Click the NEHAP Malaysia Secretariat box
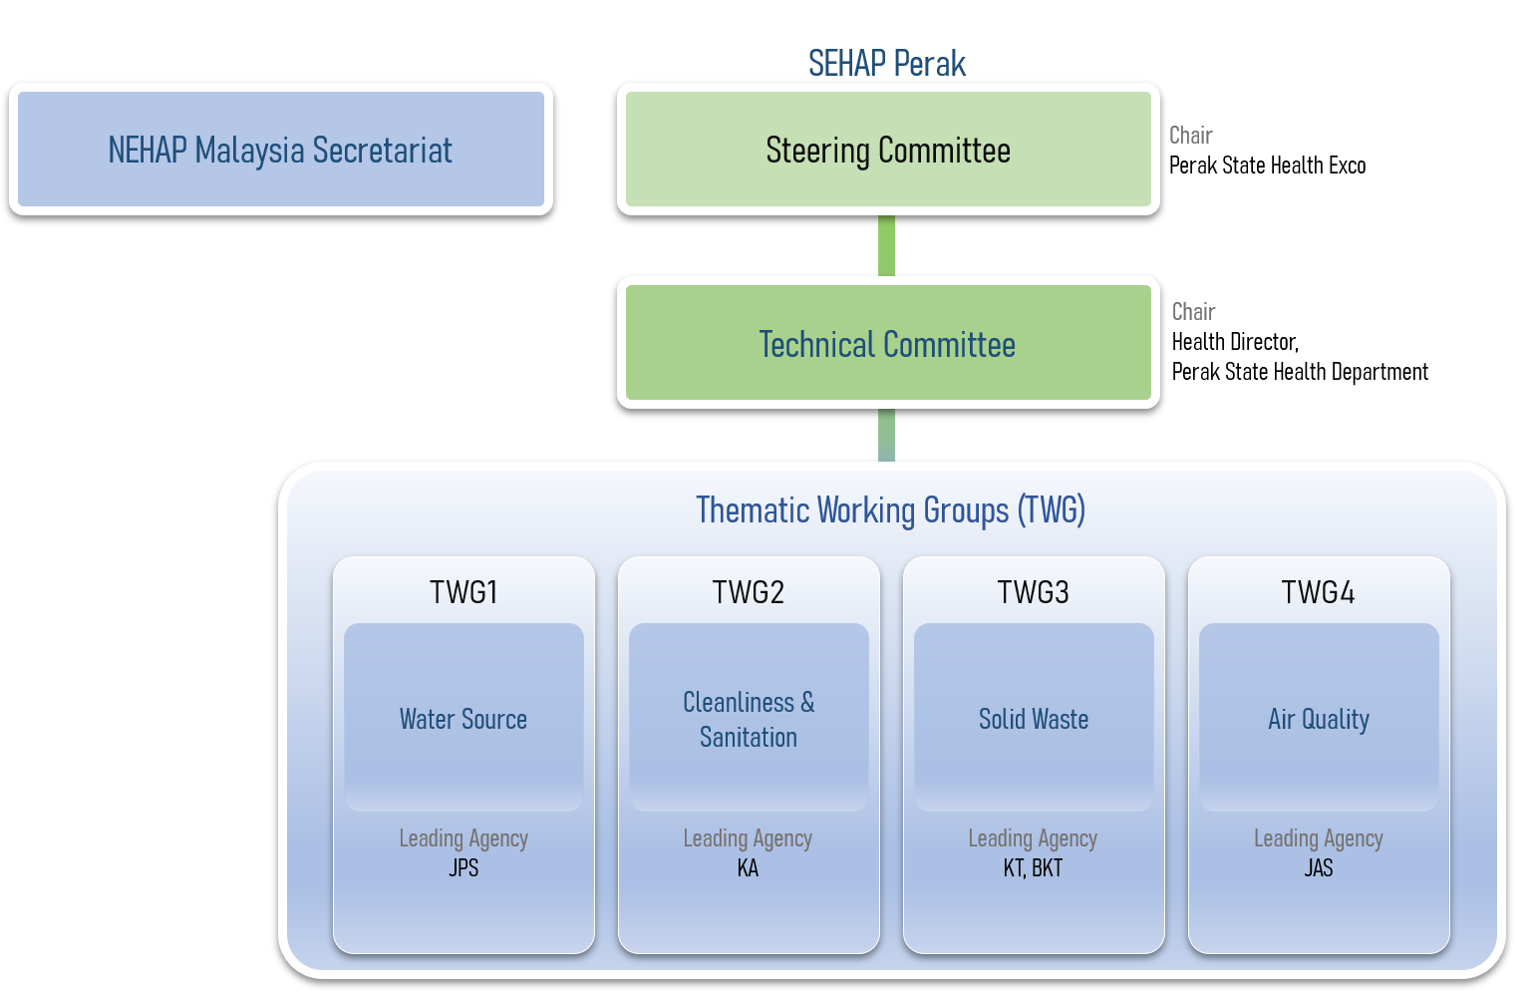coord(280,150)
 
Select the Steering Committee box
coord(887,150)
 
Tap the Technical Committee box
coord(887,344)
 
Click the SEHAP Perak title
coord(886,64)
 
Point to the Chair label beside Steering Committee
coord(1190,136)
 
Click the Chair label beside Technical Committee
coord(1193,312)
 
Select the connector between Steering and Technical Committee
coord(886,245)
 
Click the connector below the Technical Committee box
coord(886,436)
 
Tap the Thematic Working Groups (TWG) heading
coord(890,510)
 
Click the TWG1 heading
coord(463,592)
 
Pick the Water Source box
coord(463,718)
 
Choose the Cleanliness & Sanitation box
coord(749,718)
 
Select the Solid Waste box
coord(1034,718)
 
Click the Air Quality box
coord(1319,718)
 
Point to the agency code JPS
coord(463,868)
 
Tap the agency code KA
coord(748,868)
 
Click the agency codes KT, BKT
coord(1033,868)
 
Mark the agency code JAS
coord(1318,868)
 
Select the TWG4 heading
coord(1318,592)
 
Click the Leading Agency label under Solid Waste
coord(1033,838)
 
